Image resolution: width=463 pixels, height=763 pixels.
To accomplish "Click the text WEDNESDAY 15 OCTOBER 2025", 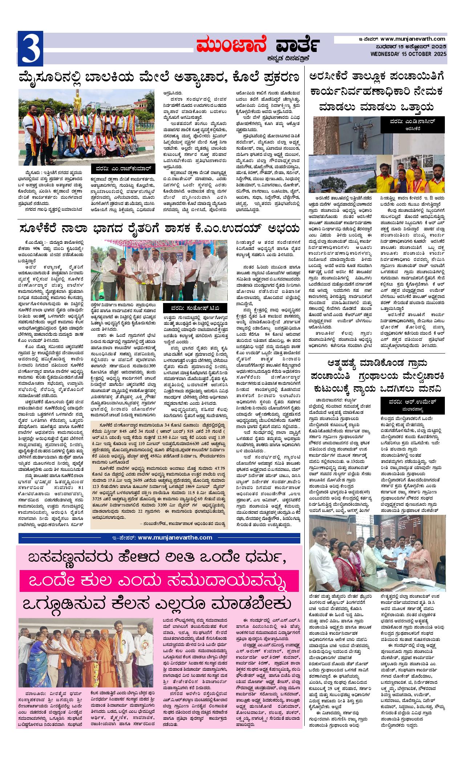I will [409, 54].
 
